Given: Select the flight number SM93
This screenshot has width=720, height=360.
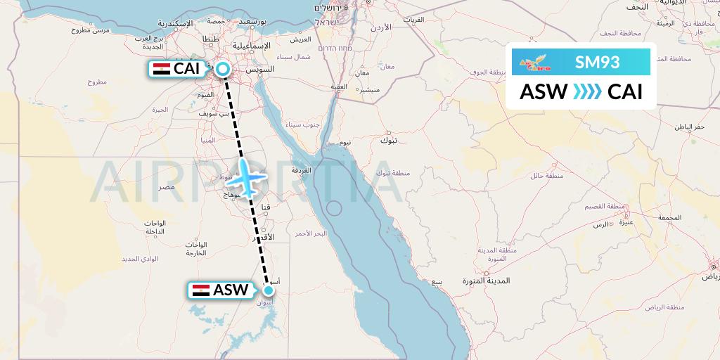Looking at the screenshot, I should [x=597, y=62].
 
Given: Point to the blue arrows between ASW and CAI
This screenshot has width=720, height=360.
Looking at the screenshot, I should [x=587, y=91].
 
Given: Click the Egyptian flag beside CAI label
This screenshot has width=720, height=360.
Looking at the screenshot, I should [x=161, y=69].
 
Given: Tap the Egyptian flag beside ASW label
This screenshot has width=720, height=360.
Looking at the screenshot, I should [x=200, y=290].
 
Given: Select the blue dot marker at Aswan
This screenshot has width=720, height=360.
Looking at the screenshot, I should [x=269, y=290].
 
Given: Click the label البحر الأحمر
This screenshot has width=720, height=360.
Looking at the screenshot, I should [x=311, y=232].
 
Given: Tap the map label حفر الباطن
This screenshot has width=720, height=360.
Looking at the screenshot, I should [x=690, y=127].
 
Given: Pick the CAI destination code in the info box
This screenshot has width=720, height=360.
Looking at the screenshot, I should [x=625, y=91].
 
